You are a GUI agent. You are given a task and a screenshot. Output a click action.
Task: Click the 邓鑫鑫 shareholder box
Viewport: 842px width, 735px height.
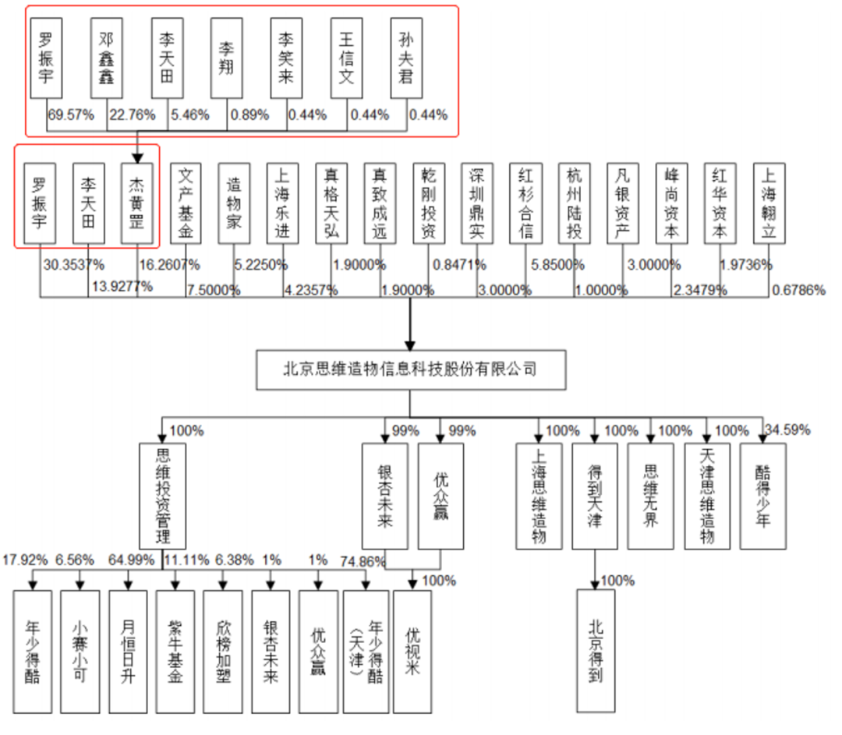[107, 58]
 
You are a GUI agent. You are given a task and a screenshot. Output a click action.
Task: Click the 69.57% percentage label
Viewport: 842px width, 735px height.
[71, 115]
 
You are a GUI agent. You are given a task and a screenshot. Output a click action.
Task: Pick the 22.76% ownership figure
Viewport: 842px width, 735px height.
[131, 115]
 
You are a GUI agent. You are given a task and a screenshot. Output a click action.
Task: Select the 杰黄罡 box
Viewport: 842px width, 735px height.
[137, 202]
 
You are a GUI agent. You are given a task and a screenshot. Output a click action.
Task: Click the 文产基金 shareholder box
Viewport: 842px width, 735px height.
[186, 202]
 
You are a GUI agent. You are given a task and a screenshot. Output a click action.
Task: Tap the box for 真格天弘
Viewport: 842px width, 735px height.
[331, 202]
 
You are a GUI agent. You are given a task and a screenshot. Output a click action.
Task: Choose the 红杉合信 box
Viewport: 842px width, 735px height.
[525, 202]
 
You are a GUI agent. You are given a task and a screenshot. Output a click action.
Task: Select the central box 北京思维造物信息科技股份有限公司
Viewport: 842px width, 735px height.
[409, 369]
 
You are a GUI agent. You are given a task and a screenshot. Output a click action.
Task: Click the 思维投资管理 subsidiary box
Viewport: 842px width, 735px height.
[162, 496]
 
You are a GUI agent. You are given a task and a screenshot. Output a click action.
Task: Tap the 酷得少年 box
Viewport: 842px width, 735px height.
[762, 496]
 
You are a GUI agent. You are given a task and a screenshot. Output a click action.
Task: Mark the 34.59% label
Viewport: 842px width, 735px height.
[788, 429]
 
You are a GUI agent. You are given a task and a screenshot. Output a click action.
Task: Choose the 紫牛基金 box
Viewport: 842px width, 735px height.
[175, 652]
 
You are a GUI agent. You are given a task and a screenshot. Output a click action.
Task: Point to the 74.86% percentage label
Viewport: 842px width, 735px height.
[363, 560]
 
